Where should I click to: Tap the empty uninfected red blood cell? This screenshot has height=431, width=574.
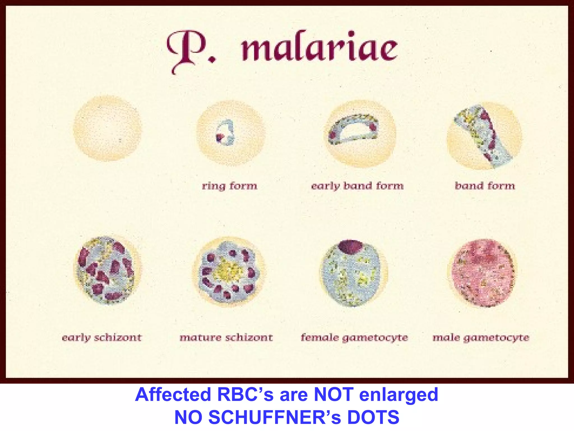[x=107, y=129]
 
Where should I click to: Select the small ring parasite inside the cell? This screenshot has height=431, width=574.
[x=225, y=133]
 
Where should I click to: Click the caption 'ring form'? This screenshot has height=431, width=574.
[x=230, y=186]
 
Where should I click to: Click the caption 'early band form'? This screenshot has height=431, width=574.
[x=357, y=186]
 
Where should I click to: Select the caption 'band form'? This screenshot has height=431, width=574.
[x=485, y=186]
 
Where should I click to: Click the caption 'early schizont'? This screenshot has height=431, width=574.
[x=102, y=338]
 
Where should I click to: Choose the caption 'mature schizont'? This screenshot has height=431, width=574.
[x=226, y=338]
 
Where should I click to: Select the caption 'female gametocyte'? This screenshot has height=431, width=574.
[x=354, y=338]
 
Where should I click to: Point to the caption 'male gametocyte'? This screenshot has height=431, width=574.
[x=481, y=338]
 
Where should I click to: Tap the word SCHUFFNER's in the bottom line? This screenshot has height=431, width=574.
[x=276, y=417]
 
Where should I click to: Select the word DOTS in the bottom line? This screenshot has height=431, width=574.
[x=373, y=417]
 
